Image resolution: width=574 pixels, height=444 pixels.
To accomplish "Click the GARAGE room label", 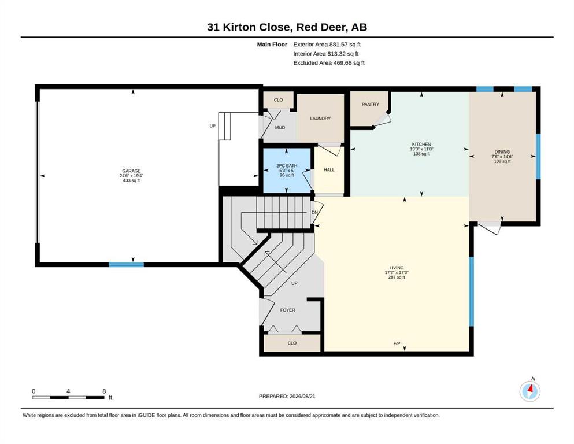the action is click(x=131, y=171).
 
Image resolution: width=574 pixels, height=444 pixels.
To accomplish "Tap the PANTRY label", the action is click(x=371, y=104).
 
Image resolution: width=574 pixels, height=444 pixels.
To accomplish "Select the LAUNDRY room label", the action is click(x=320, y=119).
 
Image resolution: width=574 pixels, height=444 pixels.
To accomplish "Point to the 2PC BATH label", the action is click(x=287, y=166).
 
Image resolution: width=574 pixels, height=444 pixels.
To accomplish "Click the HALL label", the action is click(x=329, y=170).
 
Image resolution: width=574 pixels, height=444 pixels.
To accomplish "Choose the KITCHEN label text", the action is click(x=422, y=144).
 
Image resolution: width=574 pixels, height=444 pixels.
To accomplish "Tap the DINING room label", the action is click(x=502, y=152).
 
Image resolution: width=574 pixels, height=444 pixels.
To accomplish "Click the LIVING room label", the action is click(x=397, y=268).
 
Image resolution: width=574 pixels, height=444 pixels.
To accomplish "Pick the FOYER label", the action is click(x=288, y=310).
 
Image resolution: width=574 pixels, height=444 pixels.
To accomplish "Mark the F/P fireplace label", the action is click(x=397, y=344).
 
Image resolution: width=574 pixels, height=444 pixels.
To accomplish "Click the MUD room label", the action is click(x=280, y=128).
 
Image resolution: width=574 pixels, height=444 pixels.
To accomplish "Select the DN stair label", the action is click(x=314, y=213).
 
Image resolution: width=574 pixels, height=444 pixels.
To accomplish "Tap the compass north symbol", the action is click(x=530, y=391).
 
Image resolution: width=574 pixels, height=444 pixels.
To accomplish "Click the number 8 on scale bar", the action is click(x=104, y=391).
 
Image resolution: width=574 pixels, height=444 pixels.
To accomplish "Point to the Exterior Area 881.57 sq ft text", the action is click(x=327, y=45).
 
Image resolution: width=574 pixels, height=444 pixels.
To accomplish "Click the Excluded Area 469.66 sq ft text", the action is click(x=329, y=63).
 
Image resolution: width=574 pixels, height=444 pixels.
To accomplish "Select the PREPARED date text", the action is click(x=287, y=396).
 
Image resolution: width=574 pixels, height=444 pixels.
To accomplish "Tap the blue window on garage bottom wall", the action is click(x=126, y=265).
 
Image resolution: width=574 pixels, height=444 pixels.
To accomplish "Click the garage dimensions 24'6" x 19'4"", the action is click(x=131, y=176).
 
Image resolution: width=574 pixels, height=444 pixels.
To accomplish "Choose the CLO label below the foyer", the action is click(x=292, y=343).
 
